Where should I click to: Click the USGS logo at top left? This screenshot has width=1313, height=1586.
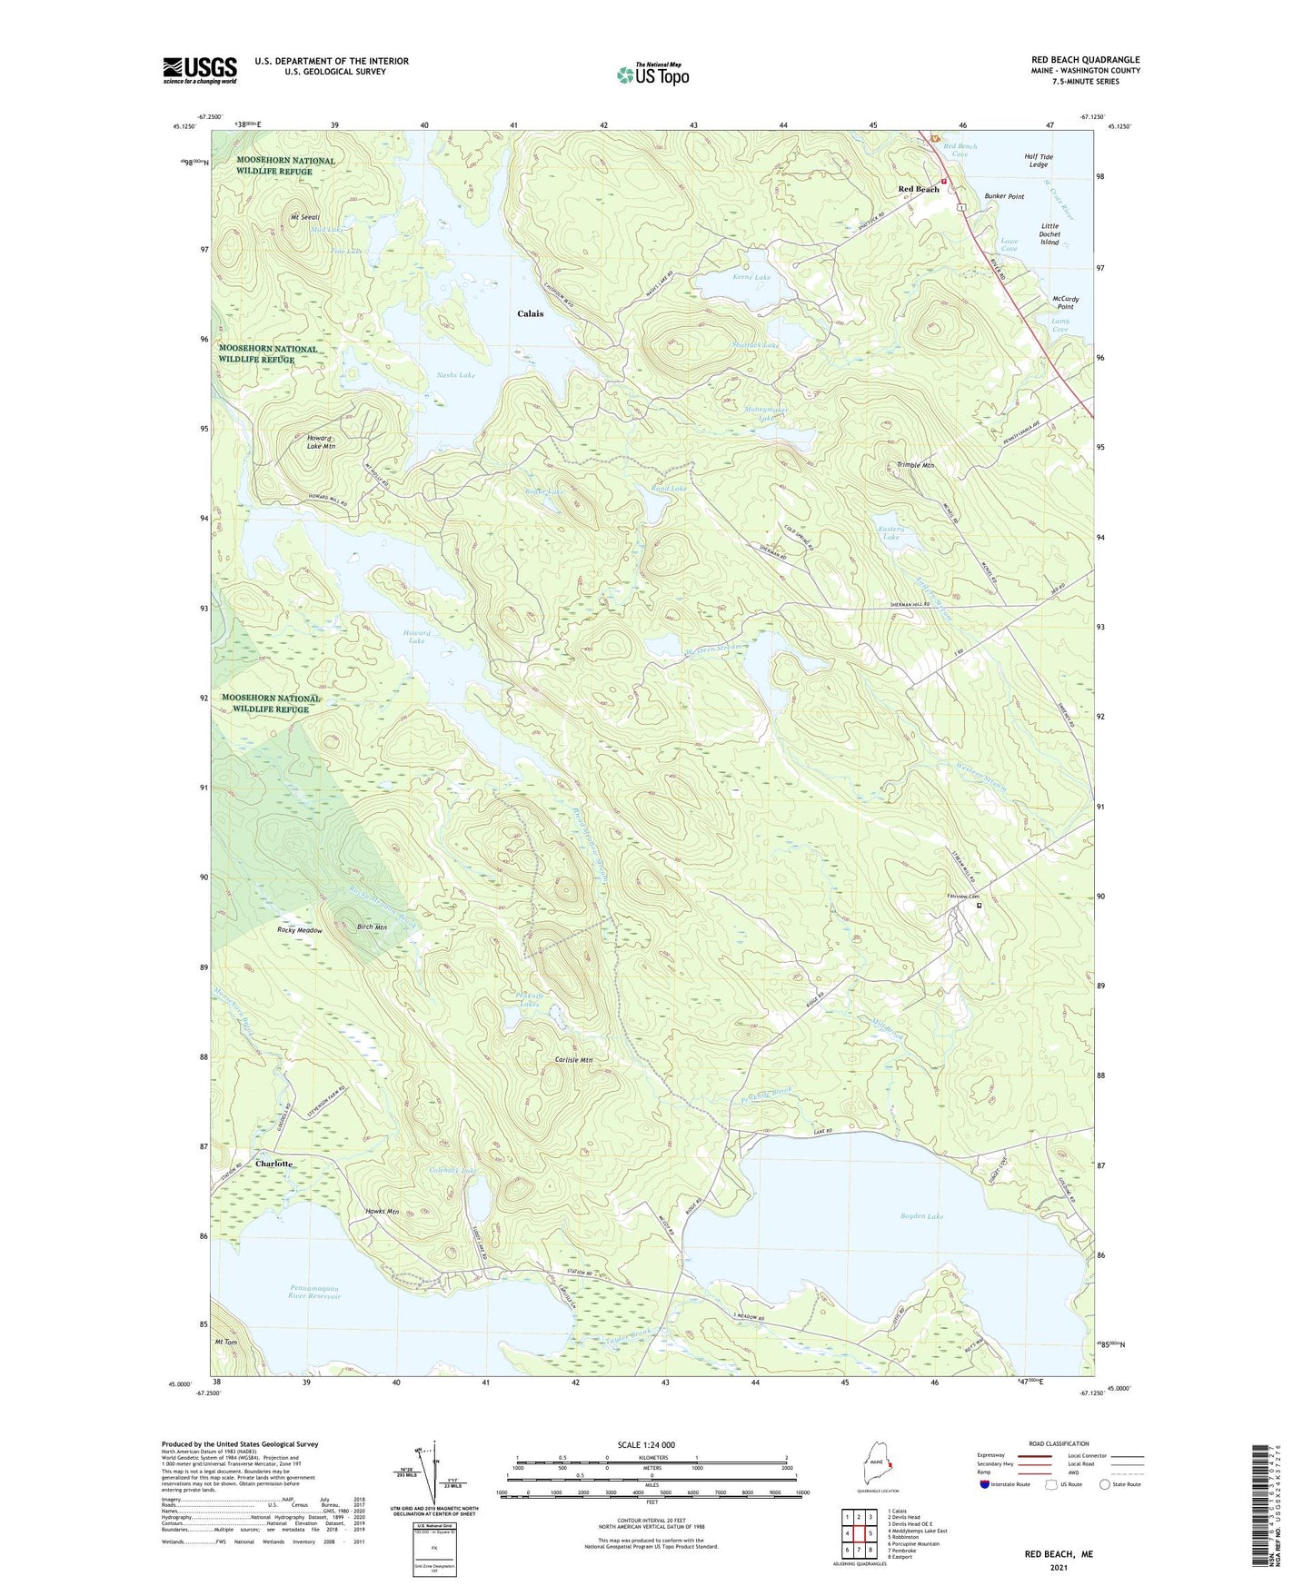pos(200,70)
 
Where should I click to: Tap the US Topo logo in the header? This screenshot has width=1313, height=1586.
pos(652,74)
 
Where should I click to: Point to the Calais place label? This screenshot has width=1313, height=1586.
pos(531,313)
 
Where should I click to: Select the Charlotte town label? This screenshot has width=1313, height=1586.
pos(274,1164)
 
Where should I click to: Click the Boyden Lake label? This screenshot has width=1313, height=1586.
pos(921,1216)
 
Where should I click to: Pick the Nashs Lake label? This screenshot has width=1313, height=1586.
pos(455,375)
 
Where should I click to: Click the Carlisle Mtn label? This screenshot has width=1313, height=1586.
pos(573,1060)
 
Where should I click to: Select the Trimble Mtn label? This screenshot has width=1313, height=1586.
pos(915,465)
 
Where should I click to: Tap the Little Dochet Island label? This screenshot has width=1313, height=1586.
pos(1049,234)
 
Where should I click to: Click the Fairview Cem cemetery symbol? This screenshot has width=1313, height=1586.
pos(980,905)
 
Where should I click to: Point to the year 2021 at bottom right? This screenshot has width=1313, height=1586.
pos(1058,1568)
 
